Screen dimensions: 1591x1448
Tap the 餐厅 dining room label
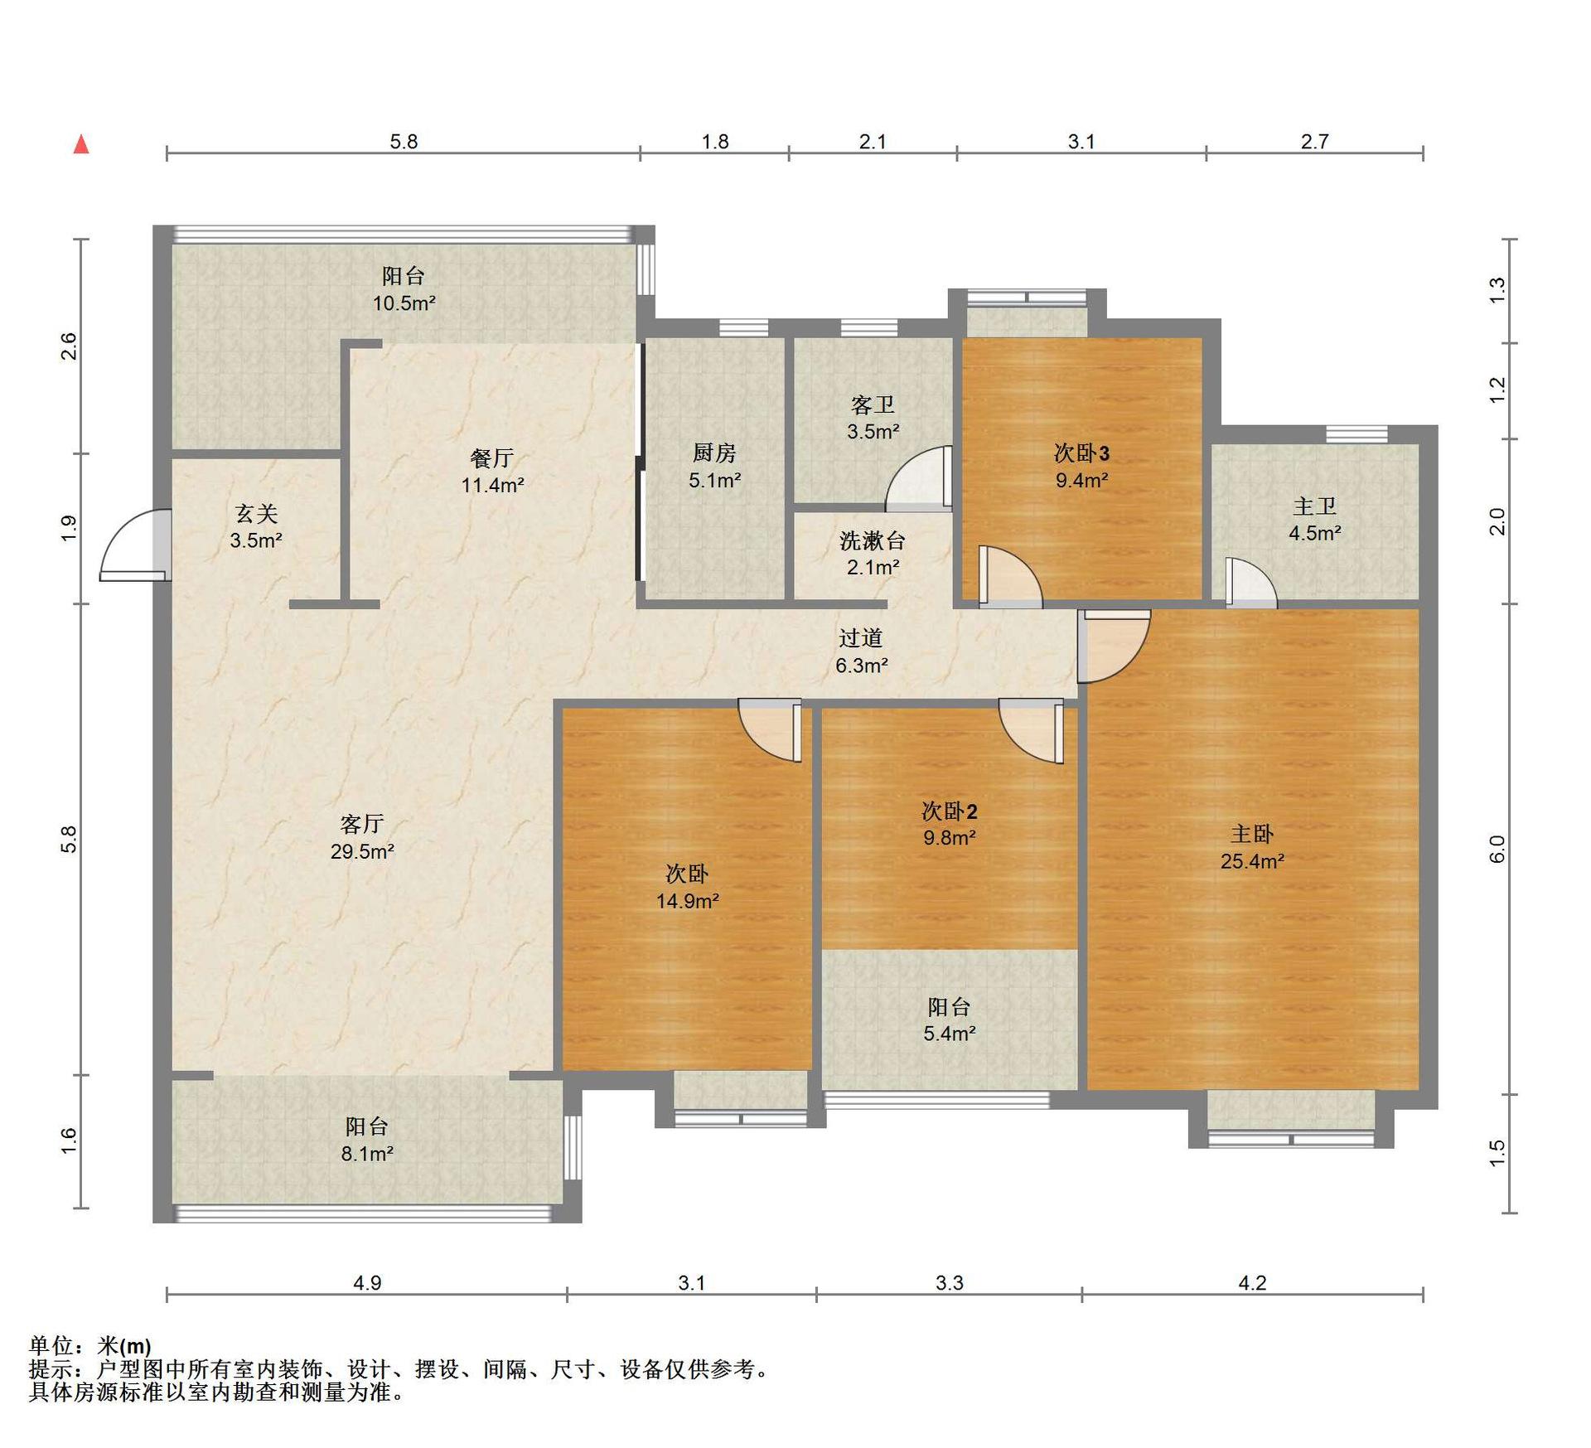click(492, 458)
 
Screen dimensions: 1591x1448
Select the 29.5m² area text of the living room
click(362, 851)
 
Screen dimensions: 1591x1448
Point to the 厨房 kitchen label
click(714, 453)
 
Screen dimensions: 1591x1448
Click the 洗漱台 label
click(873, 540)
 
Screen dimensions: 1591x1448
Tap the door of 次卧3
click(1010, 576)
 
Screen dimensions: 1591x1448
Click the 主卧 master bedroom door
click(1114, 646)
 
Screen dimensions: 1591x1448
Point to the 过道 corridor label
click(861, 637)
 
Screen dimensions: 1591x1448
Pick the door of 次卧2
click(1031, 730)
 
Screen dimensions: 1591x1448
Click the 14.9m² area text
click(688, 901)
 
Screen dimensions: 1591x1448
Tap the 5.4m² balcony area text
click(950, 1034)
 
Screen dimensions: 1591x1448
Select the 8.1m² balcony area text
click(367, 1153)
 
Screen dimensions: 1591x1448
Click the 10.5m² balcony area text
click(404, 303)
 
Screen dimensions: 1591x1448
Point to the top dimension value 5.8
click(404, 142)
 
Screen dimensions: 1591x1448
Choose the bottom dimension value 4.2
click(1252, 1283)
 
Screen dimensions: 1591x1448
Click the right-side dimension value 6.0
click(1497, 849)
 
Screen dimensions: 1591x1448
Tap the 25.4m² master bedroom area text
click(1252, 861)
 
